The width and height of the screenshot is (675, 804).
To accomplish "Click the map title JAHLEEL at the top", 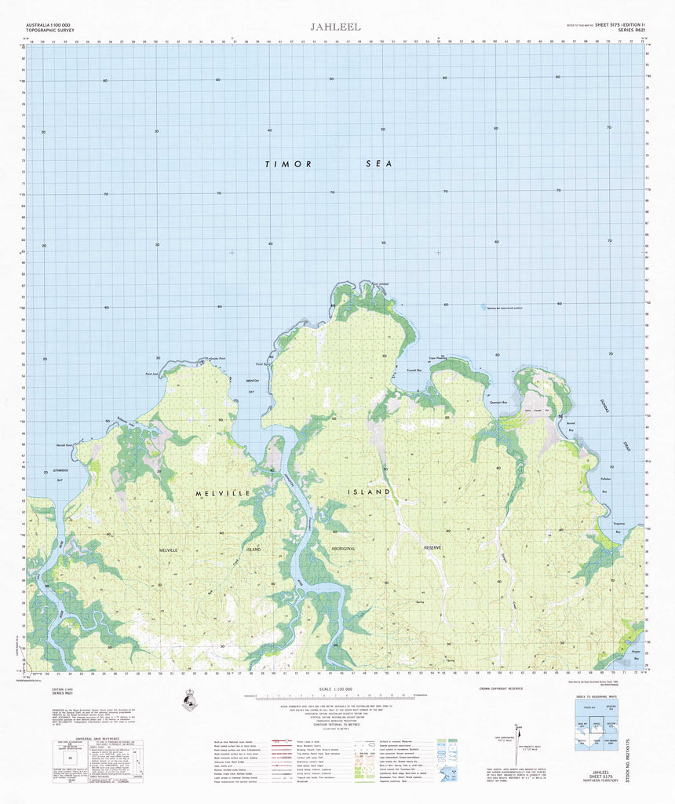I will [335, 27].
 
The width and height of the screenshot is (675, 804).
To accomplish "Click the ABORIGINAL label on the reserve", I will [349, 547].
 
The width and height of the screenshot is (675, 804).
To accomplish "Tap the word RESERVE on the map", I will [432, 547].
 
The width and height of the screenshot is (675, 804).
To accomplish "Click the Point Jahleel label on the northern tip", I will [379, 283].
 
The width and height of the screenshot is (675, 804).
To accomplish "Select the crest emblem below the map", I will [189, 698].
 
